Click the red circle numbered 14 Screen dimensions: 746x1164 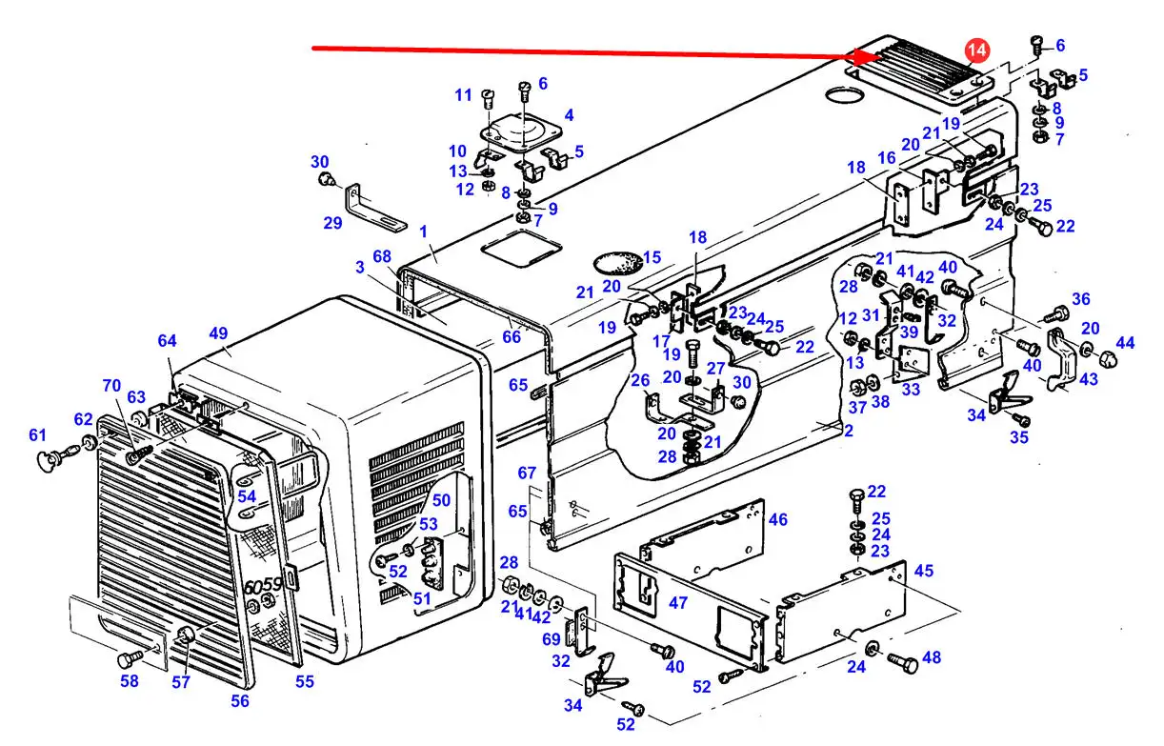pyautogui.click(x=977, y=50)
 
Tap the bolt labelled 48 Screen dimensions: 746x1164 pyautogui.click(x=903, y=660)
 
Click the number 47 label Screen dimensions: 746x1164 pyautogui.click(x=677, y=603)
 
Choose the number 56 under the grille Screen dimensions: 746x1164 pyautogui.click(x=240, y=701)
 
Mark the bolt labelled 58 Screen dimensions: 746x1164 pyautogui.click(x=128, y=659)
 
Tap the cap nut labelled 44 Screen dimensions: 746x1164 pyautogui.click(x=1109, y=360)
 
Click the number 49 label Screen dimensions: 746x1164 pyautogui.click(x=218, y=333)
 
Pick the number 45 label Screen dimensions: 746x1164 pyautogui.click(x=923, y=571)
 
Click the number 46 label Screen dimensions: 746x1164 pyautogui.click(x=777, y=519)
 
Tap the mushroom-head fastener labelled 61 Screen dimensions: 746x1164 pyautogui.click(x=47, y=460)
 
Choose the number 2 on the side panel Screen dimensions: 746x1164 pyautogui.click(x=847, y=431)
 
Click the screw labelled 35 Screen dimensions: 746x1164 pyautogui.click(x=1022, y=419)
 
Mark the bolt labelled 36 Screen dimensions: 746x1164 pyautogui.click(x=1054, y=314)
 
